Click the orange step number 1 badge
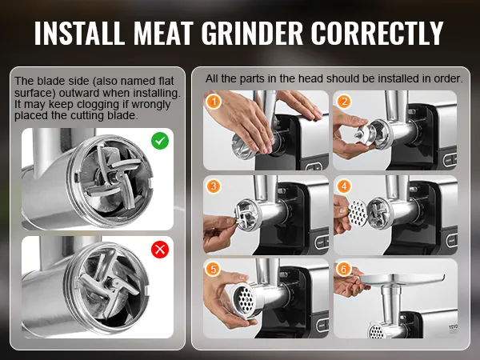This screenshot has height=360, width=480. [214, 102]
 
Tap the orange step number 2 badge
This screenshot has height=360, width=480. [344, 102]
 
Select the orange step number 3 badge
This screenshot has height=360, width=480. [214, 186]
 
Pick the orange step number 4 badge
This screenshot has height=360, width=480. [344, 186]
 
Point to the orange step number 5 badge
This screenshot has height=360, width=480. [214, 269]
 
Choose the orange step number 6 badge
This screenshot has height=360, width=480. [344, 269]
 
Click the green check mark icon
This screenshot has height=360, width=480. [160, 141]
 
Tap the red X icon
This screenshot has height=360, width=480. [160, 250]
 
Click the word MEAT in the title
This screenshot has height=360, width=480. [163, 33]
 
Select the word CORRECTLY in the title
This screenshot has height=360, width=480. [377, 33]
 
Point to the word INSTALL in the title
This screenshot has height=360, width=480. [79, 33]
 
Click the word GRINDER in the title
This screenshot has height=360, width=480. [252, 33]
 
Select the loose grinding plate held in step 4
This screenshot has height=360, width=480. [358, 212]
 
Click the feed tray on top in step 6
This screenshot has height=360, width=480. [402, 278]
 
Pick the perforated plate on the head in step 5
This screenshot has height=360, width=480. [243, 298]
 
